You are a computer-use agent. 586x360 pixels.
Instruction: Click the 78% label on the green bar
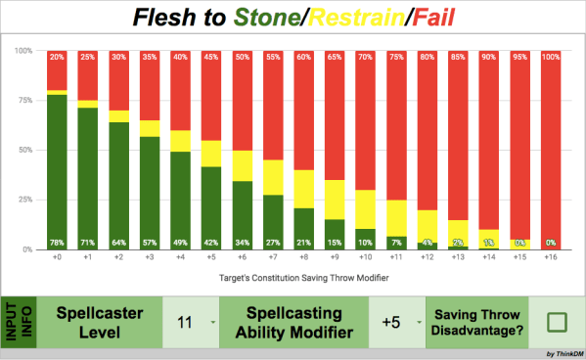point(58,243)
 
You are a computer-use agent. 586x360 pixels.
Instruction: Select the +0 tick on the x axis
point(58,259)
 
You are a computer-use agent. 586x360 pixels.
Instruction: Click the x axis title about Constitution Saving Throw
point(306,279)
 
